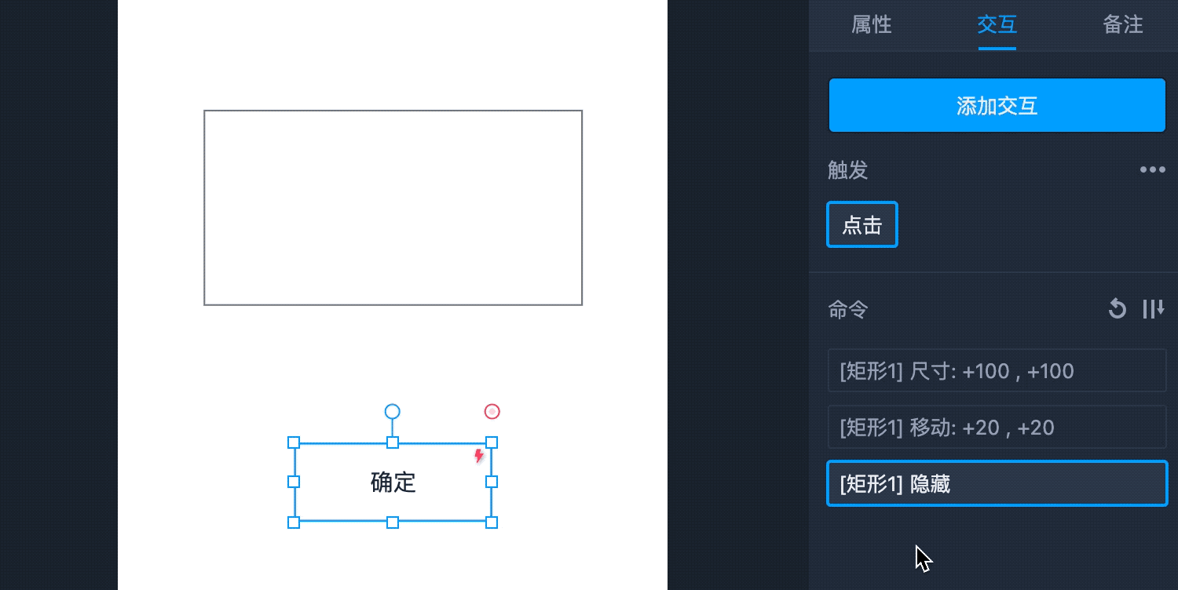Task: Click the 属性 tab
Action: point(871,25)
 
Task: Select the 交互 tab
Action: point(997,25)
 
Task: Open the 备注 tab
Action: point(1122,25)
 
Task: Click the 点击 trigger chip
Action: point(862,225)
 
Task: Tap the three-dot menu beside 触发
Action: point(1152,169)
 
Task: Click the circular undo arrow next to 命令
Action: point(1117,309)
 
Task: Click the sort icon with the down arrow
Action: point(1153,309)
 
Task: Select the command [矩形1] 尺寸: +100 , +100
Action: point(997,371)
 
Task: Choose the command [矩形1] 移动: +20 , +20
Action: point(997,428)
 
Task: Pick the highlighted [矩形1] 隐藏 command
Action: point(997,484)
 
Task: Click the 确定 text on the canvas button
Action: point(393,482)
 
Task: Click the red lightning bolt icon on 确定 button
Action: point(479,456)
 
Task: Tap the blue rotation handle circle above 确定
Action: point(392,412)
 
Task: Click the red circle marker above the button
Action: point(492,412)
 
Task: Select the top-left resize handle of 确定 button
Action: point(294,442)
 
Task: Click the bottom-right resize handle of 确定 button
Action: point(492,523)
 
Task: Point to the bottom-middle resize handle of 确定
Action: point(393,523)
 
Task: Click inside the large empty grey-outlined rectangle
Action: point(393,208)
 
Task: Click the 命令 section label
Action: point(848,310)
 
